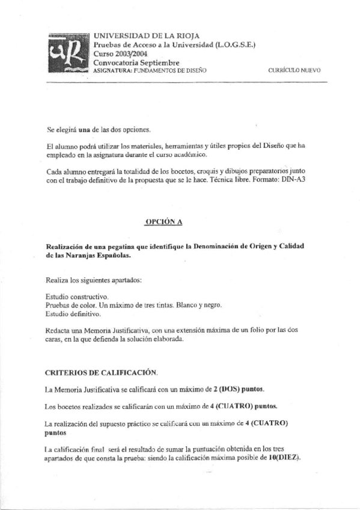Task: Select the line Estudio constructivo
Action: click(77, 296)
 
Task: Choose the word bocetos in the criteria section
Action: click(70, 406)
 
